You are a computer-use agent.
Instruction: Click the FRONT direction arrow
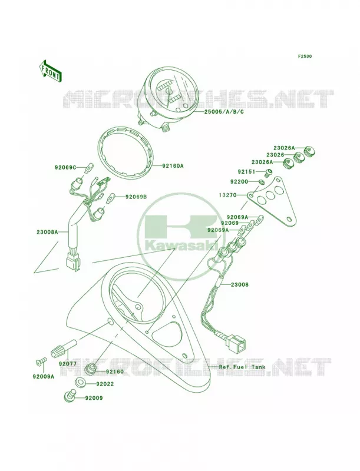50,71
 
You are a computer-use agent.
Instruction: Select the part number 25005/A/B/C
220,112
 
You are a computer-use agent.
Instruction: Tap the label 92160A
173,165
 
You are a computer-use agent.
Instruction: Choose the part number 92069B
136,197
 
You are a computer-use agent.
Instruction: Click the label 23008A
47,232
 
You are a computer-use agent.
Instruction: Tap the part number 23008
240,284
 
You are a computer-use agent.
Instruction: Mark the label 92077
68,364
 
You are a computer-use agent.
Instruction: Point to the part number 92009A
44,376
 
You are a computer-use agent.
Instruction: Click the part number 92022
105,384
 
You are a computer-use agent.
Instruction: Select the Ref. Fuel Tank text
242,367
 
